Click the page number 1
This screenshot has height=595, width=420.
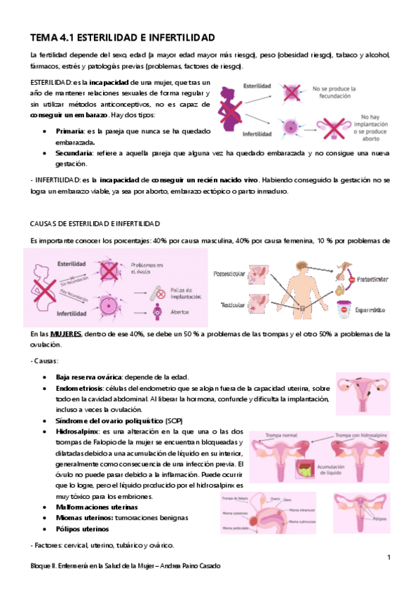coord(388,556)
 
